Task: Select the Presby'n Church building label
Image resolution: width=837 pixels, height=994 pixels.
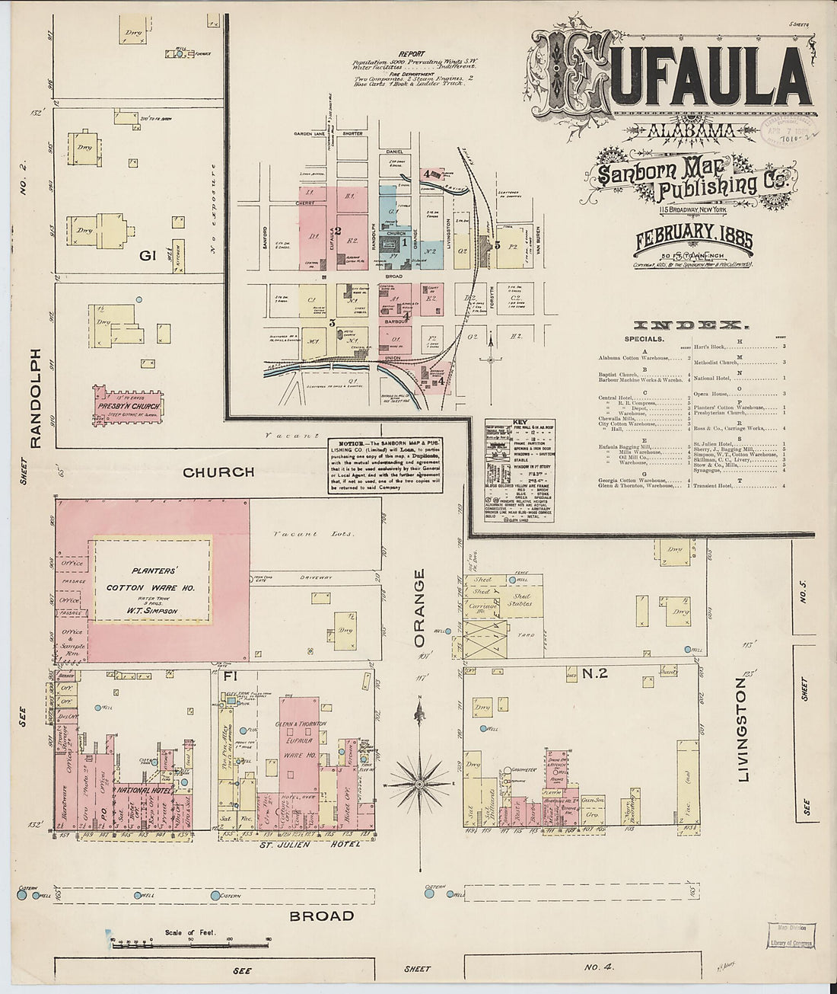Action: coord(128,407)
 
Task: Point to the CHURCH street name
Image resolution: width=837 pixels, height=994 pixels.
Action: coord(218,472)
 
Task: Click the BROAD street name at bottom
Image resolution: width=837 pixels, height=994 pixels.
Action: coord(321,916)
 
